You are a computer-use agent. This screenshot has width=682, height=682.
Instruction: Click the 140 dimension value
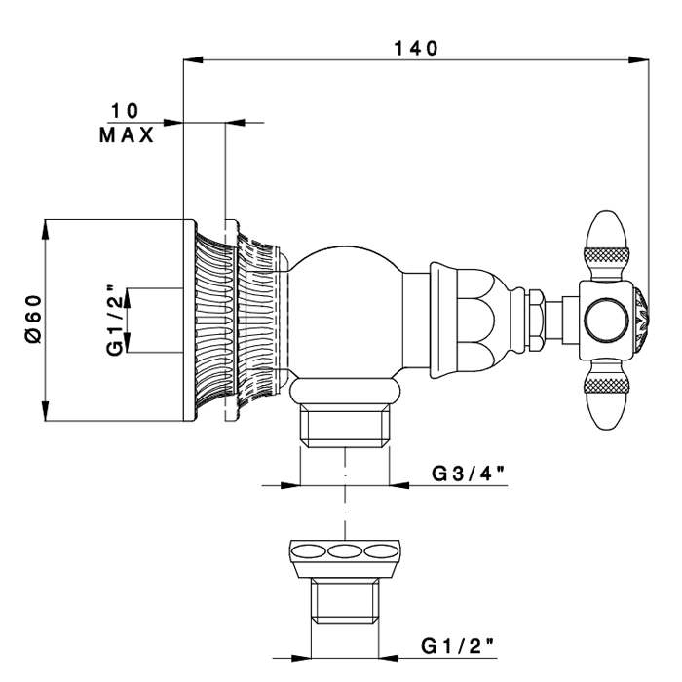416,48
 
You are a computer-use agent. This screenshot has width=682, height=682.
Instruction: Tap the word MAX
126,135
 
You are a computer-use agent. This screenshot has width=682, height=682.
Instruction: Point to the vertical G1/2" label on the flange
115,321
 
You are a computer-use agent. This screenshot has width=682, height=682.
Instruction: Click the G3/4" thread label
468,474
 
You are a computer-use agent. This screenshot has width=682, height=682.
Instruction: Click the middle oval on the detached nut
345,552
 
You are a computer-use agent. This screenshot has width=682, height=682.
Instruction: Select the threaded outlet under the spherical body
345,427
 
